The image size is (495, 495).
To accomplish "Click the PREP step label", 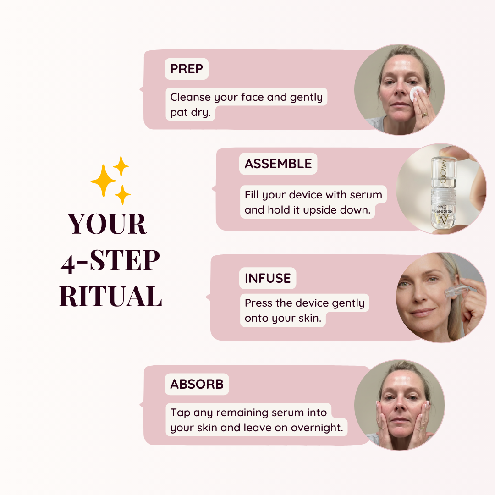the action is coord(187,69).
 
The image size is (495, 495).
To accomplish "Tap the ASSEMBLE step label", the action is coord(278,164).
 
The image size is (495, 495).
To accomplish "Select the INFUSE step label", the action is coord(268,279).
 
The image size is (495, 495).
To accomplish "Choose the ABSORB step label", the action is coord(197,384).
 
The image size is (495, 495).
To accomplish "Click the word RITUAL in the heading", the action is coord(111,296).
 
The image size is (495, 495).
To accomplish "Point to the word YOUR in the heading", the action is coord(107,224).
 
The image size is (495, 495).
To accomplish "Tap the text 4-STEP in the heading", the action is coord(110,260).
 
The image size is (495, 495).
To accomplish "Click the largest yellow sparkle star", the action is coord(103,181).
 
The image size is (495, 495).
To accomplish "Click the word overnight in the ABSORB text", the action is coord(316,428).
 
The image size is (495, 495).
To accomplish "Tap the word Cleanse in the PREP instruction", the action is coord(190,97).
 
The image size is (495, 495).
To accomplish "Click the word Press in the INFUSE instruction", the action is coord(258,303).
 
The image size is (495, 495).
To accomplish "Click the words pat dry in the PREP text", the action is coord(190,113).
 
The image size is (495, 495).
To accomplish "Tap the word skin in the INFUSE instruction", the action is coord(310,318).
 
